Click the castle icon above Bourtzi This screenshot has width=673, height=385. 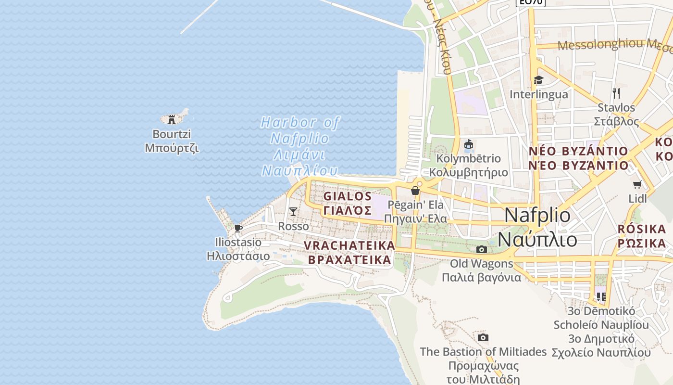[x=172, y=119]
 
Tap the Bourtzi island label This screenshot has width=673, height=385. [x=172, y=141]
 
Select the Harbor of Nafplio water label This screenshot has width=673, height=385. [x=300, y=146]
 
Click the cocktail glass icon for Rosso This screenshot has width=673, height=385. [x=293, y=211]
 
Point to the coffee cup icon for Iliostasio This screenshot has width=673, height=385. [x=238, y=228]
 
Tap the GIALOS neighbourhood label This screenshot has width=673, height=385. [x=348, y=203]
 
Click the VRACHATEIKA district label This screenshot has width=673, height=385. [x=349, y=253]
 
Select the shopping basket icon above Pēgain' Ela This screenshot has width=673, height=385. [x=415, y=191]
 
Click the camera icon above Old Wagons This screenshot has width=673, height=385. [x=481, y=249]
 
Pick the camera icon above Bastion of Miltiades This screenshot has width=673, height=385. [x=483, y=337]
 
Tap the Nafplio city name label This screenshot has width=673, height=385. [x=537, y=227]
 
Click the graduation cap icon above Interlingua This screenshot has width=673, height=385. [x=538, y=80]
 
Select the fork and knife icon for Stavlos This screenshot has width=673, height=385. [x=616, y=93]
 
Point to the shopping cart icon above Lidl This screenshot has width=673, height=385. [x=637, y=184]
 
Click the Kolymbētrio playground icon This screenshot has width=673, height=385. [x=469, y=144]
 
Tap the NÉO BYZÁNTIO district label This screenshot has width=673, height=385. [x=578, y=158]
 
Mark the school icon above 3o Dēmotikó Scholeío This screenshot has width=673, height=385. [x=601, y=296]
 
